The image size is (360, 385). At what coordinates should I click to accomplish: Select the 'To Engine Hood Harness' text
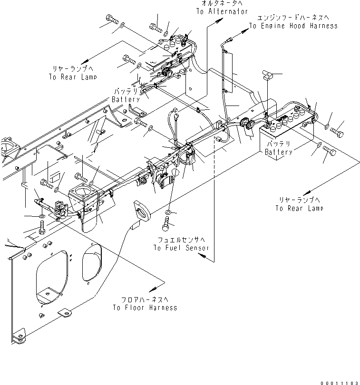tap(293, 26)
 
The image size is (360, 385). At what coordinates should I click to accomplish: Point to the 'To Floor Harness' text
tap(145, 308)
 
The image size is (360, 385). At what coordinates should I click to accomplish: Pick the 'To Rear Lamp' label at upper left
tap(72, 77)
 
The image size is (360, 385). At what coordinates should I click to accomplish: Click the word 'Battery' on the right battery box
tap(279, 152)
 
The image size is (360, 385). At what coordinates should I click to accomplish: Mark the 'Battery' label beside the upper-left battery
tap(126, 100)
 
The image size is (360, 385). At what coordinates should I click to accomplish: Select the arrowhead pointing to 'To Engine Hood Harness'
tap(246, 29)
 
